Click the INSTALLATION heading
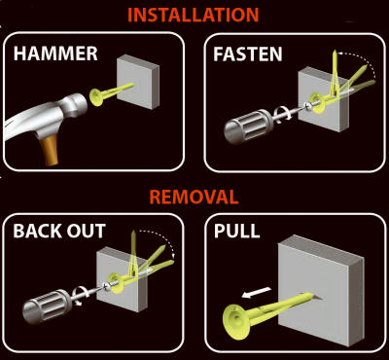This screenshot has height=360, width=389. pos(194,15)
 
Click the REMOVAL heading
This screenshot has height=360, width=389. pos(194,198)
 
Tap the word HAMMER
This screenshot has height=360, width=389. pos(55,54)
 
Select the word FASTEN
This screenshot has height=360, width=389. pos(248,54)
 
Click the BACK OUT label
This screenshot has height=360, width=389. pos(60,234)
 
